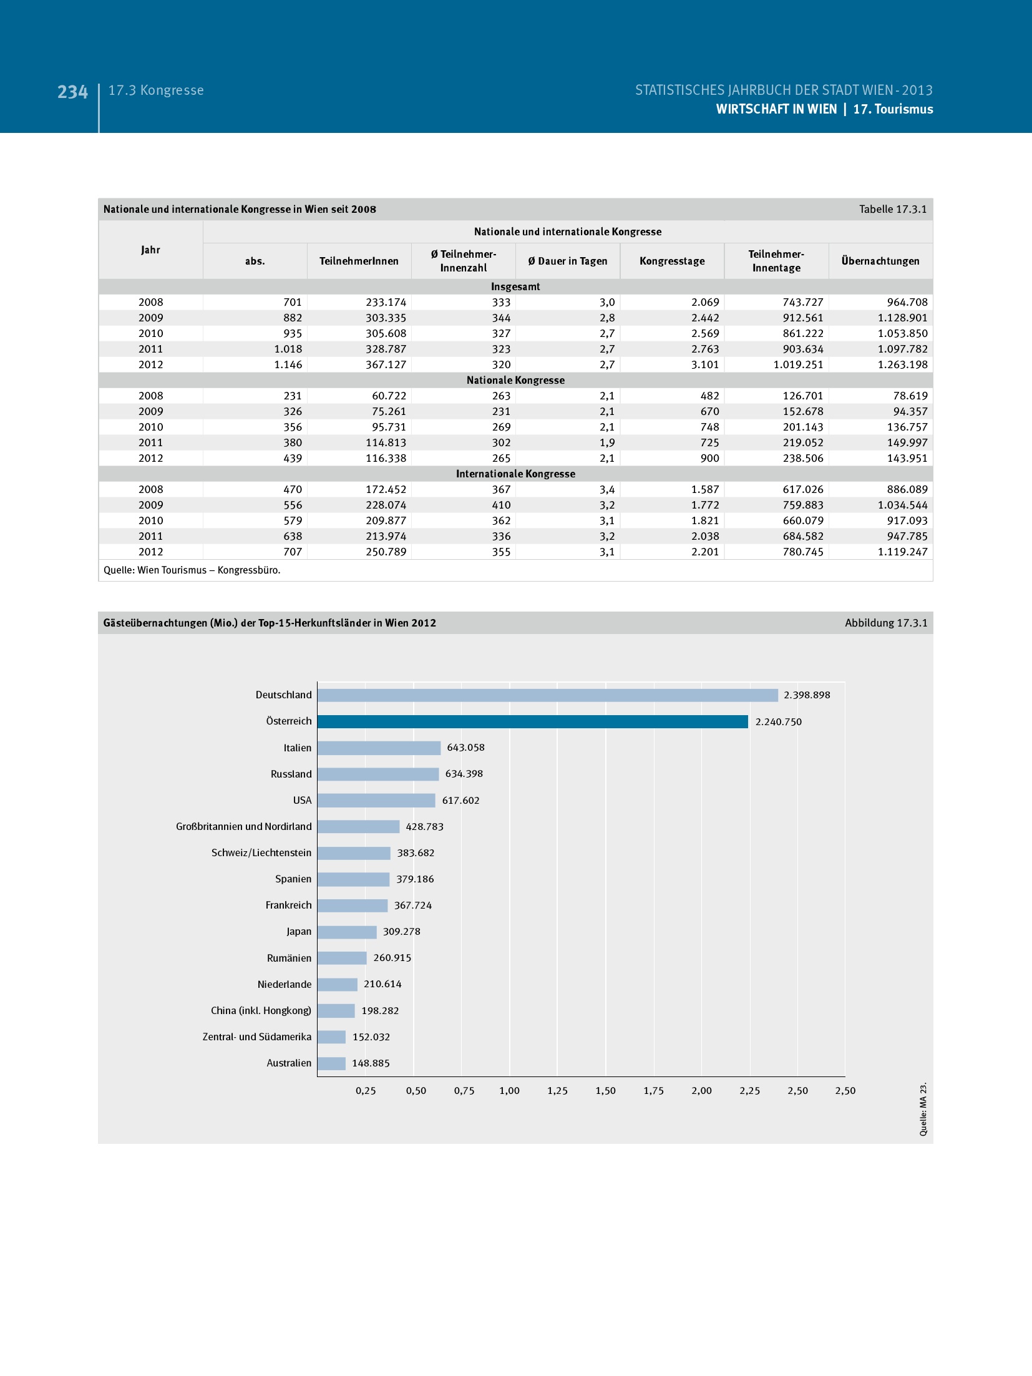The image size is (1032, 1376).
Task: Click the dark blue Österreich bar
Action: pyautogui.click(x=532, y=721)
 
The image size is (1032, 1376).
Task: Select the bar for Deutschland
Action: pyautogui.click(x=547, y=695)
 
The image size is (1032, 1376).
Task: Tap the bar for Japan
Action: pyautogui.click(x=347, y=932)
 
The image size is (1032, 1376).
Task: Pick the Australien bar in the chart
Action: pyautogui.click(x=331, y=1063)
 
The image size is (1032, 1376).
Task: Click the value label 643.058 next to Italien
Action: pyautogui.click(x=465, y=748)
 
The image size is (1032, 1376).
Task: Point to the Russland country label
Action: pyautogui.click(x=291, y=774)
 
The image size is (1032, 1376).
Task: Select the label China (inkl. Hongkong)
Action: pyautogui.click(x=261, y=1010)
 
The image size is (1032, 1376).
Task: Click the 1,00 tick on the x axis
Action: pyautogui.click(x=509, y=1091)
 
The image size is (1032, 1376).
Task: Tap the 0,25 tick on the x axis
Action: pyautogui.click(x=366, y=1091)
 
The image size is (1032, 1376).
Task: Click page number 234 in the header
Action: pyautogui.click(x=72, y=92)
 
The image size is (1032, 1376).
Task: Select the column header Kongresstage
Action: pyautogui.click(x=672, y=261)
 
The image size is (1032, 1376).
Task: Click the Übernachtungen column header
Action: pyautogui.click(x=880, y=261)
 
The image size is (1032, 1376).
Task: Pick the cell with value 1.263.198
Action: pyautogui.click(x=902, y=364)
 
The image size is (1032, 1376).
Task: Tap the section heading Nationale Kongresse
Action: pyautogui.click(x=515, y=380)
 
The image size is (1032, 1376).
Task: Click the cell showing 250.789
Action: pyautogui.click(x=386, y=552)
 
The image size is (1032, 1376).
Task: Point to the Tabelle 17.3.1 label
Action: pyautogui.click(x=892, y=209)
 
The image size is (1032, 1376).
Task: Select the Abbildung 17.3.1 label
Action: pyautogui.click(x=885, y=623)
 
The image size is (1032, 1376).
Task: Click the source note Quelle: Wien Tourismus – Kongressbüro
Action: pyautogui.click(x=192, y=570)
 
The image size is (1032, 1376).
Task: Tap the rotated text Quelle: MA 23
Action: pyautogui.click(x=923, y=1109)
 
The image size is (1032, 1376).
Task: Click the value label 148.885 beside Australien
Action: pyautogui.click(x=371, y=1063)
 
